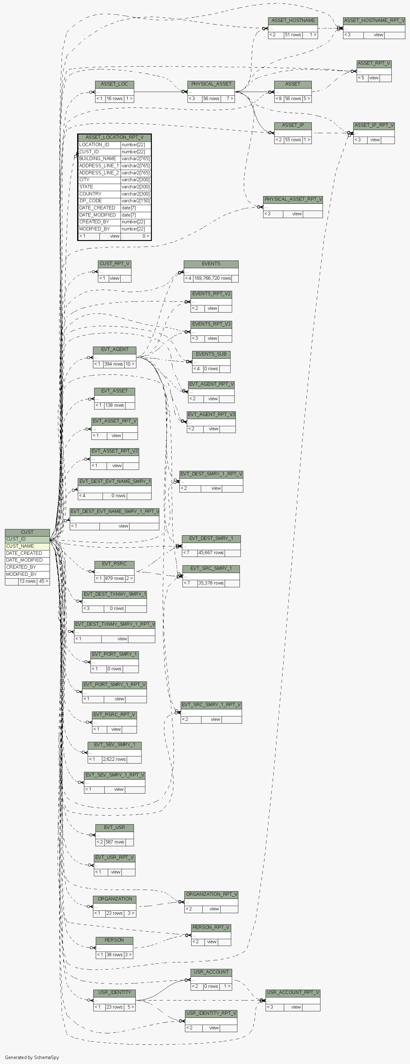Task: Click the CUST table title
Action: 27,532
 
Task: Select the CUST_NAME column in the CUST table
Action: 20,546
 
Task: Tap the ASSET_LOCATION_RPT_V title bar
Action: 114,137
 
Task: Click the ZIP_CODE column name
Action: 90,201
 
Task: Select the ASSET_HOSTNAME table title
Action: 293,21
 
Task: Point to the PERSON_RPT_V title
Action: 211,927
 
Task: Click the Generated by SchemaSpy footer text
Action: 32,1057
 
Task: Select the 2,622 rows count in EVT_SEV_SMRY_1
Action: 114,759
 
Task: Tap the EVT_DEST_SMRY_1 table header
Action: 211,538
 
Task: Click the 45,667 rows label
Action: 211,553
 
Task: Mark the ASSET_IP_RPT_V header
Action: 374,125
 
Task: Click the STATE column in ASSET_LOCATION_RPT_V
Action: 86,187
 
